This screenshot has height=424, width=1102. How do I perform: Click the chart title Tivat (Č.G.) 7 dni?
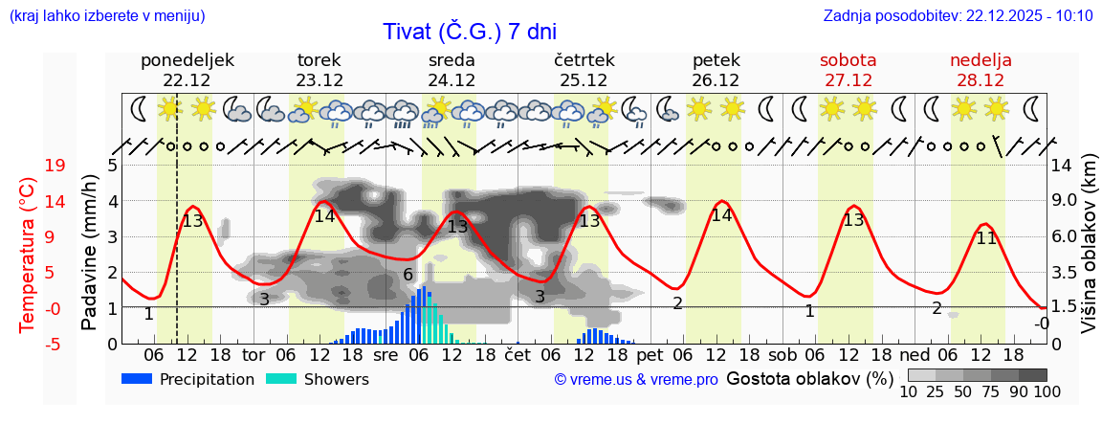click(469, 32)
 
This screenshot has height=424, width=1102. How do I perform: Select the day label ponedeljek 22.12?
click(187, 70)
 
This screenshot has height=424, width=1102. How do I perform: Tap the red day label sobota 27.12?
click(849, 70)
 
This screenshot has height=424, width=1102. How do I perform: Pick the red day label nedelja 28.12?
click(981, 70)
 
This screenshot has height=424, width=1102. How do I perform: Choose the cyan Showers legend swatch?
click(282, 379)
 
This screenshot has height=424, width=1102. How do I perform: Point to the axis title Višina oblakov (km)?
click(1088, 255)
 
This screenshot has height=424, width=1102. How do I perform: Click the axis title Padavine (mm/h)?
click(89, 255)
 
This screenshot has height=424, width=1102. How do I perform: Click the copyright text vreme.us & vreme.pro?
click(636, 380)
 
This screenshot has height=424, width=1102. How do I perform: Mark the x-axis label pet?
click(650, 356)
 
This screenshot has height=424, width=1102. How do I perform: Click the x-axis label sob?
click(782, 356)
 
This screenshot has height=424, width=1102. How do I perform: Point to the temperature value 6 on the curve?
click(408, 275)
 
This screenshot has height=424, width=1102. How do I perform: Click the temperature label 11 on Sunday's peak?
click(985, 238)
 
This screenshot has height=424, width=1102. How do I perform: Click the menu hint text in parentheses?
click(106, 15)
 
